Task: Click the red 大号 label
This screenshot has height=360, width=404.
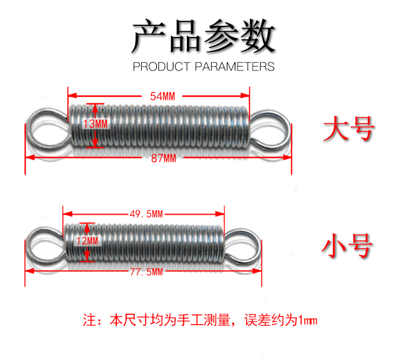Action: pyautogui.click(x=348, y=129)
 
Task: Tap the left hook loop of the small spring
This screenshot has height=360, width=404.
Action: pyautogui.click(x=44, y=245)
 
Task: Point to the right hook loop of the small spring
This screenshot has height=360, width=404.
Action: pyautogui.click(x=243, y=244)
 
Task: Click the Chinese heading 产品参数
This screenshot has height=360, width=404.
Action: pyautogui.click(x=203, y=37)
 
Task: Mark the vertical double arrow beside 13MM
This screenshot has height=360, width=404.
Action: pyautogui.click(x=96, y=125)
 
